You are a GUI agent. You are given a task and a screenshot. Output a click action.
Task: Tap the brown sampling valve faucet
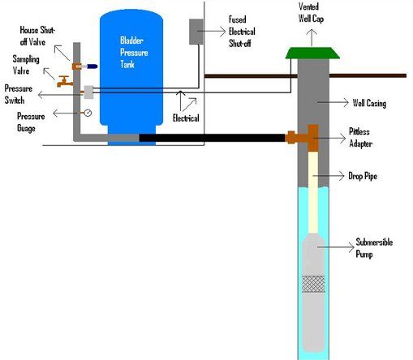(x=63, y=81)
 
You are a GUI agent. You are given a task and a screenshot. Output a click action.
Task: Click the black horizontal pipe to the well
(x=211, y=138)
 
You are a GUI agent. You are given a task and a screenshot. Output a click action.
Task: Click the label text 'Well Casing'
(x=372, y=104)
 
